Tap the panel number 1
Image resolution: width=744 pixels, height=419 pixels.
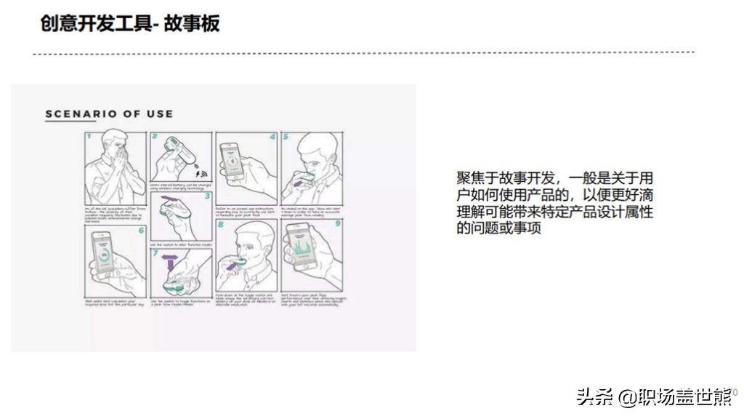pyautogui.click(x=89, y=136)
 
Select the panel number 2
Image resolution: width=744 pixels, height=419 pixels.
pyautogui.click(x=154, y=136)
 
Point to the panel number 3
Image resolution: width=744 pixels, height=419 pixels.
pyautogui.click(x=207, y=195)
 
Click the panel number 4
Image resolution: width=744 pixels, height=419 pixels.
pyautogui.click(x=272, y=136)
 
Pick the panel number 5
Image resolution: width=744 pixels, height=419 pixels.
pyautogui.click(x=286, y=136)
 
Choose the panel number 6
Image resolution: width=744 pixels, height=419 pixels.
pyautogui.click(x=141, y=230)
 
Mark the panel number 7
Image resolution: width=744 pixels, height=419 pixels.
pyautogui.click(x=154, y=253)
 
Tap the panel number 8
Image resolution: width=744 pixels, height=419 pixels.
pyautogui.click(x=220, y=225)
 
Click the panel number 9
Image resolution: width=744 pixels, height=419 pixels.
pyautogui.click(x=337, y=225)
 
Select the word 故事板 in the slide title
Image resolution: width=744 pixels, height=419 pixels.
pyautogui.click(x=192, y=24)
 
